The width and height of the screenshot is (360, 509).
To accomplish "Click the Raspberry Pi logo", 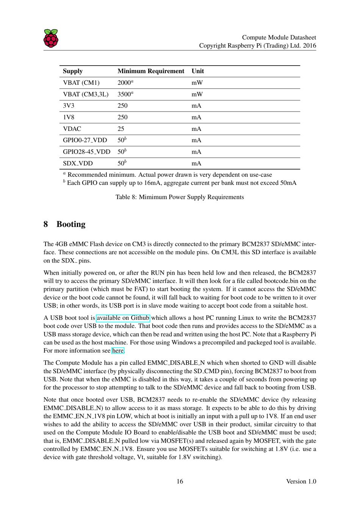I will [x=51, y=38].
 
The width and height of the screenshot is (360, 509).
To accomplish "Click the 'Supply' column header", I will [x=72, y=71].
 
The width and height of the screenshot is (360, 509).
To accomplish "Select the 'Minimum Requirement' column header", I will [x=150, y=71].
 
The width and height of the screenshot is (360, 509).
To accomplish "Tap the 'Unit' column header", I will [x=197, y=71].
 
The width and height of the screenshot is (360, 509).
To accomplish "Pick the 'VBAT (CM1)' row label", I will [x=81, y=83].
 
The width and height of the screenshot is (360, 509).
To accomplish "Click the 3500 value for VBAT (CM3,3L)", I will [x=124, y=94].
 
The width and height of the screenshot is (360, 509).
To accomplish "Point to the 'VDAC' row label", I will [x=72, y=129].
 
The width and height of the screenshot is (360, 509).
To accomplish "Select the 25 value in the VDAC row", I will [x=121, y=129].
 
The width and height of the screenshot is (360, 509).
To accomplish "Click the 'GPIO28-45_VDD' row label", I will [x=86, y=152].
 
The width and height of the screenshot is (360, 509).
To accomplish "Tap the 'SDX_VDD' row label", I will [x=78, y=163].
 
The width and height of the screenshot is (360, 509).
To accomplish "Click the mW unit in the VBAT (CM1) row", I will [x=197, y=83].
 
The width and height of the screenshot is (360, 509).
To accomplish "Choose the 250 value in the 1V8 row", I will [x=122, y=118].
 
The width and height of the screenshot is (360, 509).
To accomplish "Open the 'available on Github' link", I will [x=123, y=318].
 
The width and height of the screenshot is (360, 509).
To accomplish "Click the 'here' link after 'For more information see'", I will [x=118, y=351].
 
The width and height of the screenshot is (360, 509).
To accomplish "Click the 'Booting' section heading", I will [x=71, y=224].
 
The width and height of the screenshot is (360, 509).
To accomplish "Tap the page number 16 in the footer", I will [x=180, y=481].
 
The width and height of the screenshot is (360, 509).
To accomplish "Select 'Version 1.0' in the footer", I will [x=301, y=481].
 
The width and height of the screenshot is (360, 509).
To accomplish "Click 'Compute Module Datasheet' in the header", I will [x=279, y=38].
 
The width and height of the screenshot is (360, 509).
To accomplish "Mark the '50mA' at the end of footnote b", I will [x=288, y=183].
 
